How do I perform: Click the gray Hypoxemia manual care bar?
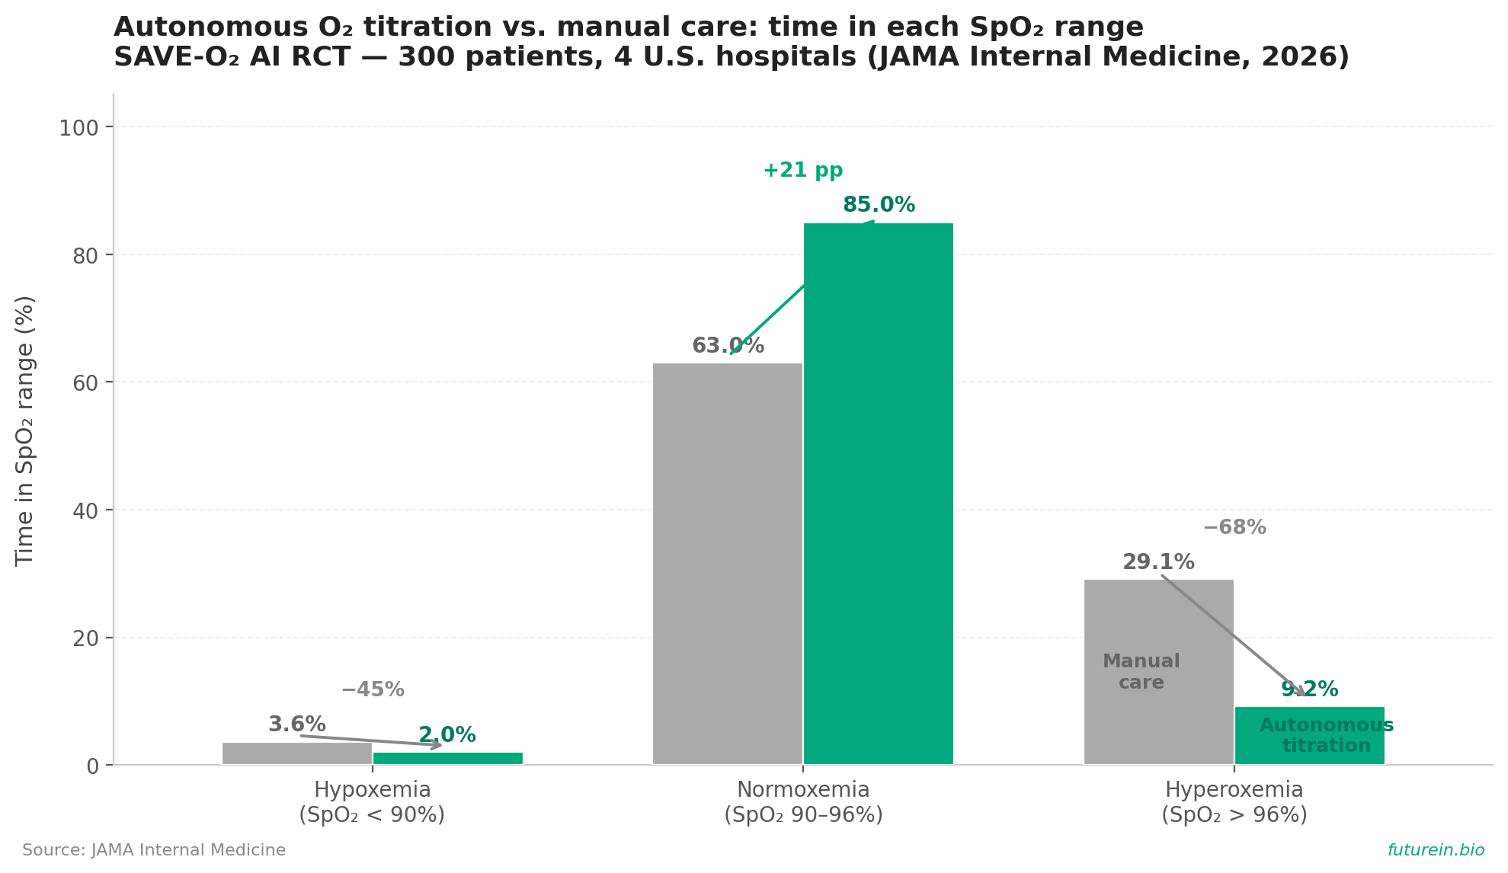pyautogui.click(x=297, y=753)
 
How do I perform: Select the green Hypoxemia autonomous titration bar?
pyautogui.click(x=448, y=759)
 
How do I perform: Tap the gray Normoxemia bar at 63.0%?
pyautogui.click(x=728, y=564)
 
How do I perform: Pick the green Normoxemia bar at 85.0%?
pyautogui.click(x=879, y=494)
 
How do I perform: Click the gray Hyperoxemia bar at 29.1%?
pyautogui.click(x=1159, y=672)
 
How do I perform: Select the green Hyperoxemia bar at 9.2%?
pyautogui.click(x=1310, y=735)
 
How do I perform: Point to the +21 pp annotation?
pyautogui.click(x=803, y=171)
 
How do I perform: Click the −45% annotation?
pyautogui.click(x=373, y=690)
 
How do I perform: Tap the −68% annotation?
pyautogui.click(x=1234, y=527)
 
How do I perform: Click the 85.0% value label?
pyautogui.click(x=879, y=205)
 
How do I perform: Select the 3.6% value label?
pyautogui.click(x=297, y=724)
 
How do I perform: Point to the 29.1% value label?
pyautogui.click(x=1158, y=562)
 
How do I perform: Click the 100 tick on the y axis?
pyautogui.click(x=79, y=128)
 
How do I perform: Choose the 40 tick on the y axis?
pyautogui.click(x=86, y=510)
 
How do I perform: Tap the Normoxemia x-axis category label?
pyautogui.click(x=803, y=802)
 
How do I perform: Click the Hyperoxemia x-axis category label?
pyautogui.click(x=1234, y=802)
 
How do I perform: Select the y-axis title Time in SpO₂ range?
pyautogui.click(x=25, y=430)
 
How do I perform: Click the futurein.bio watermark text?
pyautogui.click(x=1436, y=850)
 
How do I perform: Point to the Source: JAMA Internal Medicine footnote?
pyautogui.click(x=154, y=850)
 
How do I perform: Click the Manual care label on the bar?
pyautogui.click(x=1141, y=672)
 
